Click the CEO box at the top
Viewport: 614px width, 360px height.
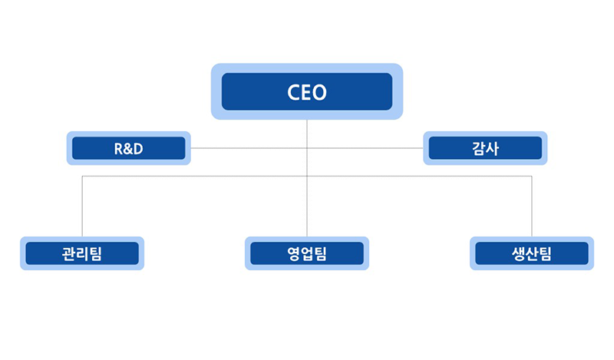tap(307, 92)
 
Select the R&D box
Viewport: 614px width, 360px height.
tap(129, 148)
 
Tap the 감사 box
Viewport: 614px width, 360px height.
tap(485, 148)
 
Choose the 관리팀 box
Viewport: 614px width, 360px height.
tap(82, 253)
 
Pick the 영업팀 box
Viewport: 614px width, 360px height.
tap(307, 253)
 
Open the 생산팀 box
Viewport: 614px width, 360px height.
tap(531, 253)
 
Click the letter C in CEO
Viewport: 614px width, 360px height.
tap(294, 92)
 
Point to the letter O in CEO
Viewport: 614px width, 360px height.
tap(319, 92)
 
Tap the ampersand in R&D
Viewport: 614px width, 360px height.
tap(128, 148)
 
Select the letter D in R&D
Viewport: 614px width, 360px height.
tap(138, 148)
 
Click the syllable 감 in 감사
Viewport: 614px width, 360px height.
tap(478, 148)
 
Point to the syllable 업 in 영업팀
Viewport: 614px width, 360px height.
tap(307, 253)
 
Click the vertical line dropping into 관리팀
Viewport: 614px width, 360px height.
tap(82, 207)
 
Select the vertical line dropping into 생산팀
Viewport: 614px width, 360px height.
tap(531, 207)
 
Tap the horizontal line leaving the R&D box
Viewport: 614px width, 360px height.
tap(230, 147)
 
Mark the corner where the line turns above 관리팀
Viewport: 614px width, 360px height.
tap(82, 177)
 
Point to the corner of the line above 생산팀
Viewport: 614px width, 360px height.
tap(531, 177)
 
